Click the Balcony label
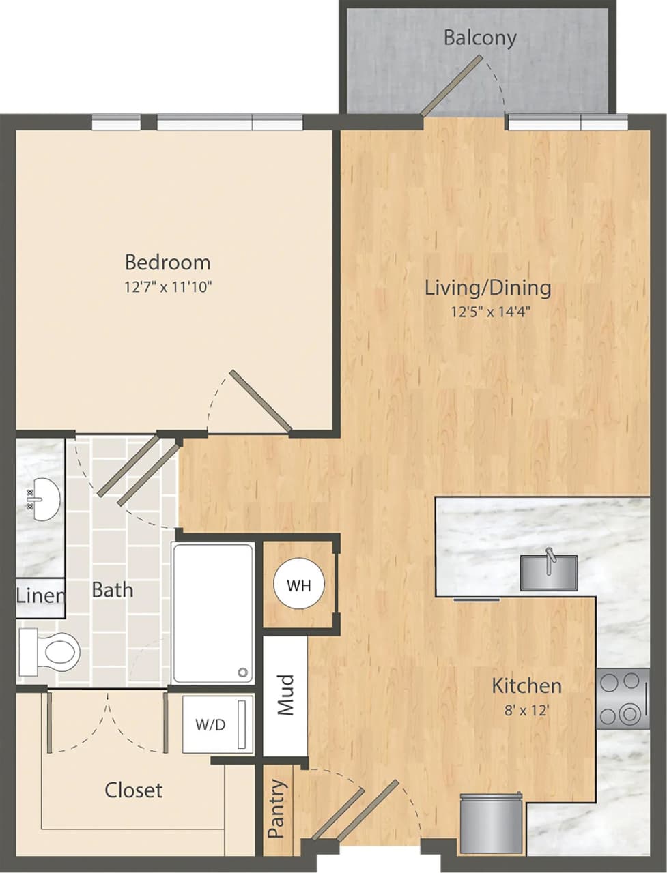coord(480,38)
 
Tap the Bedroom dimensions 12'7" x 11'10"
coord(168,287)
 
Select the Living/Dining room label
coord(487,287)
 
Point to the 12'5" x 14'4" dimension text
coord(491,313)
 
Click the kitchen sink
coord(548,572)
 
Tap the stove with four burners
coord(623,698)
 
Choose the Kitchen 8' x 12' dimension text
coord(526,710)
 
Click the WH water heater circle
coord(299,585)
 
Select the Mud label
coord(285,695)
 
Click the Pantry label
coord(276,808)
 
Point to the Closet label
coord(134,790)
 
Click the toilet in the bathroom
coord(51,650)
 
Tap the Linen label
coord(40,595)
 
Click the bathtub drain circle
coord(242,672)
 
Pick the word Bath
coord(113,589)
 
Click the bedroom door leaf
coord(261,402)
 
